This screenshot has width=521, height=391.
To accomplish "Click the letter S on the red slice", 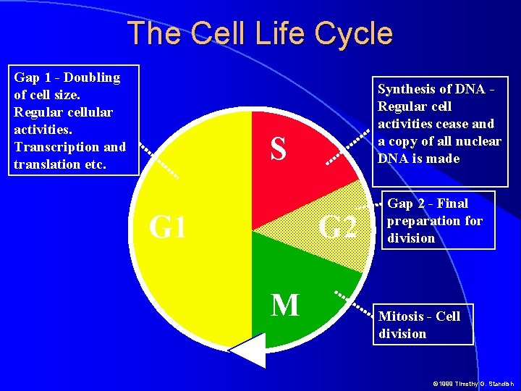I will [277, 149].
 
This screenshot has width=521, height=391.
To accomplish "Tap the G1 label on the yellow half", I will [167, 227].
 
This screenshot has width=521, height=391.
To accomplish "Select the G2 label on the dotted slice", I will [338, 227].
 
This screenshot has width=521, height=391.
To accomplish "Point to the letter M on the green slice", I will [285, 306].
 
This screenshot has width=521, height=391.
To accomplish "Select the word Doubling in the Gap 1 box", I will [93, 77].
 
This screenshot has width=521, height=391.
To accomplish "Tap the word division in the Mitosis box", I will [402, 334].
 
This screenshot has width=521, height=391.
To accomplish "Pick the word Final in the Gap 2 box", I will [453, 203].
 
